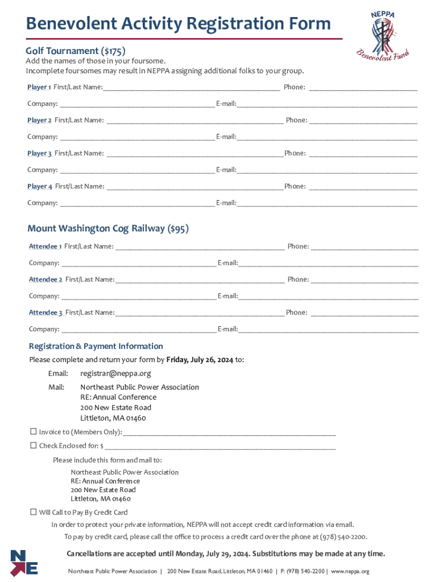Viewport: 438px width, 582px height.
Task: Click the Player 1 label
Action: (x=39, y=87)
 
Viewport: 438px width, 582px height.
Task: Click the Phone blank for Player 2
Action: (x=363, y=120)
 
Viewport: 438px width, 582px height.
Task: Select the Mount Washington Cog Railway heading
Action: (x=108, y=228)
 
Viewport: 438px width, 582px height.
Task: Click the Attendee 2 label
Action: (x=46, y=280)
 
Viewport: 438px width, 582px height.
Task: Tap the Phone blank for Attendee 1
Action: (x=364, y=247)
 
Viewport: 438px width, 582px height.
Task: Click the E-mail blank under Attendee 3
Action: (x=328, y=330)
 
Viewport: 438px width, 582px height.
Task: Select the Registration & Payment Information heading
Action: (x=96, y=346)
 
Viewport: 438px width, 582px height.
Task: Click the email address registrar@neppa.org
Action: (x=115, y=373)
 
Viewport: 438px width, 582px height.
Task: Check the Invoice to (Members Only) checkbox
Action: (x=33, y=432)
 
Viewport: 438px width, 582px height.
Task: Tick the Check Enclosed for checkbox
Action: (x=33, y=446)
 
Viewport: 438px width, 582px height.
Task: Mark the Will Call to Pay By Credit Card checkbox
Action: (x=33, y=512)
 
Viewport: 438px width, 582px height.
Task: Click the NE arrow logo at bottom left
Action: (x=24, y=563)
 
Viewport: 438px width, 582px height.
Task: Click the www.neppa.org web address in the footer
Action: (x=350, y=571)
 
